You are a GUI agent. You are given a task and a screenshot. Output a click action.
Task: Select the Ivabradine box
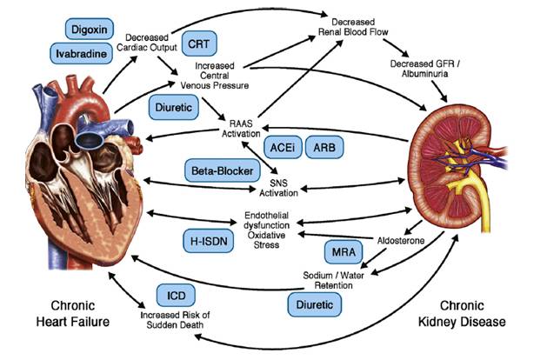click(x=82, y=53)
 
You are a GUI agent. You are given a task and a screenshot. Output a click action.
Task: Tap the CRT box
click(x=199, y=43)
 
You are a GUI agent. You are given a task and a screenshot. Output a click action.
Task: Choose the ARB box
click(x=327, y=148)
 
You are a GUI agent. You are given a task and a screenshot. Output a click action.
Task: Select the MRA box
click(x=341, y=253)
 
